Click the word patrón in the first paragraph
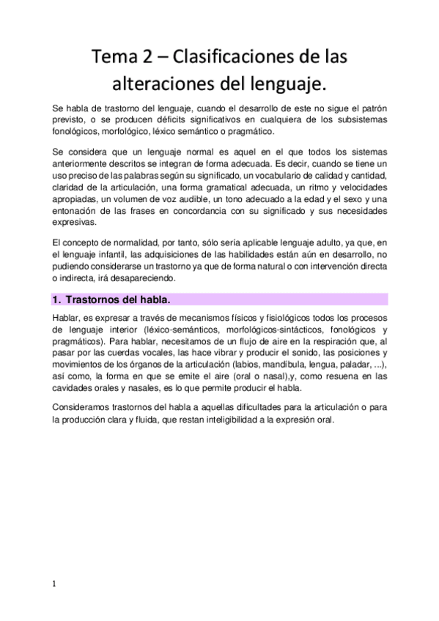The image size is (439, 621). pyautogui.click(x=372, y=107)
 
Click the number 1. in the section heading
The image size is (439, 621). pyautogui.click(x=56, y=300)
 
